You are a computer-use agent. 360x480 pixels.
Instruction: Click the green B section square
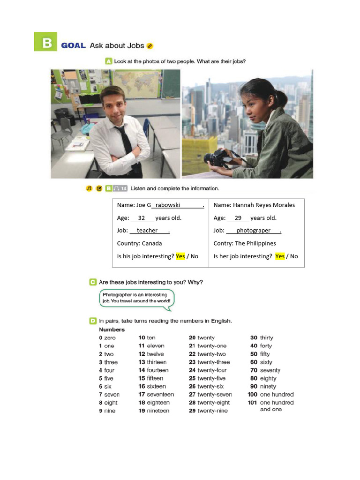(45, 42)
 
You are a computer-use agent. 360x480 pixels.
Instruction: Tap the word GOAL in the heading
(74, 45)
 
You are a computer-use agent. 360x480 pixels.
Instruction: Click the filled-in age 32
(142, 218)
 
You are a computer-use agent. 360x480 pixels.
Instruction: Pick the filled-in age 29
(238, 218)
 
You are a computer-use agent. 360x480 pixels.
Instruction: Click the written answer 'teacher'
(147, 231)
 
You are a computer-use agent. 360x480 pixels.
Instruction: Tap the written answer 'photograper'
(253, 231)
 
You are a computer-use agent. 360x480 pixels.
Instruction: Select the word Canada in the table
(152, 243)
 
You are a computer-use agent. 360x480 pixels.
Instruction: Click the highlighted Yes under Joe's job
(180, 256)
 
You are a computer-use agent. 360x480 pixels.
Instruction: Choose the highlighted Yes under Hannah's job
(280, 256)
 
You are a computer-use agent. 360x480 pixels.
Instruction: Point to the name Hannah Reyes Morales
(264, 205)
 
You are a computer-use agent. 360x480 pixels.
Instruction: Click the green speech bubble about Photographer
(136, 299)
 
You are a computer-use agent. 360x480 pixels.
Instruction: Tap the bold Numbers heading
(112, 330)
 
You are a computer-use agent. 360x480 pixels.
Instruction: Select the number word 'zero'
(110, 338)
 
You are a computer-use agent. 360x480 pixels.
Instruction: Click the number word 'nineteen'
(158, 411)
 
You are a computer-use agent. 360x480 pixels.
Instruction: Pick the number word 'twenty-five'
(211, 378)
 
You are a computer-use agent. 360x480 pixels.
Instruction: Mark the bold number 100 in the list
(253, 395)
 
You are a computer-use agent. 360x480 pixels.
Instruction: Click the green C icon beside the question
(92, 282)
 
